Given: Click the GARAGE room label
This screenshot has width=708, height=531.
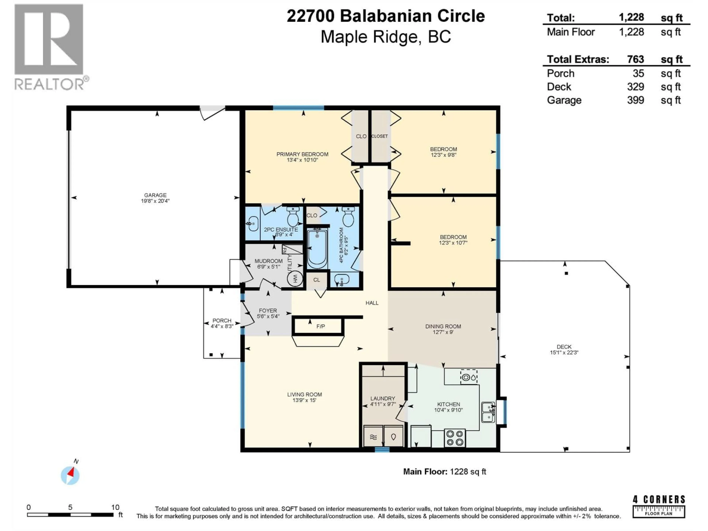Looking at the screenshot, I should [155, 195].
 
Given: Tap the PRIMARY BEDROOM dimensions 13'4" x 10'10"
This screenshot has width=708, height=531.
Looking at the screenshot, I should [302, 160].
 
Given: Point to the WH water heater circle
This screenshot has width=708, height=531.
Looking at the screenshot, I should [295, 279].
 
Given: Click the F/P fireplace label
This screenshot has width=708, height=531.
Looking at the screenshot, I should [320, 326].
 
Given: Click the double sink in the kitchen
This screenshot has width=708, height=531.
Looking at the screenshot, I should [488, 412].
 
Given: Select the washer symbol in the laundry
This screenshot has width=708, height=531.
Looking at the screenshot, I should [373, 437].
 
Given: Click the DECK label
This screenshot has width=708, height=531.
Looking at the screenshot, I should [564, 347].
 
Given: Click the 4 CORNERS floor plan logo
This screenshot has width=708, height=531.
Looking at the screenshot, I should [659, 506].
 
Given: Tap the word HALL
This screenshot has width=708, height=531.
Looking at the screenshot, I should [372, 303].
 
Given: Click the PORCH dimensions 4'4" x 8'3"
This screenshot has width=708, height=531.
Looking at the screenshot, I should [222, 326].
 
